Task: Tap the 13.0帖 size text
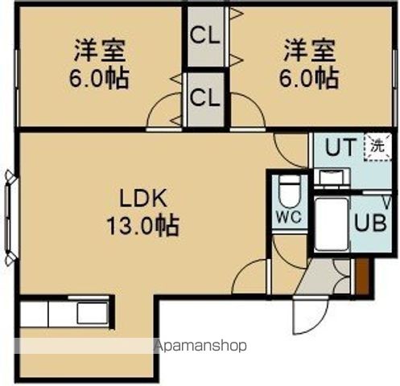coord(142,226)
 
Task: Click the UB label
coord(369,221)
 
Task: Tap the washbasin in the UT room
coord(329,178)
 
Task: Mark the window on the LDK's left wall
coord(11,217)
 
